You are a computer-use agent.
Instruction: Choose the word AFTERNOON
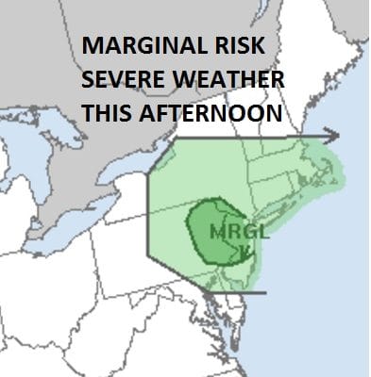(213, 113)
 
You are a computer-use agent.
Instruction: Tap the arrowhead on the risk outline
(331, 135)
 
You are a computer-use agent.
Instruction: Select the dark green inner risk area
(203, 226)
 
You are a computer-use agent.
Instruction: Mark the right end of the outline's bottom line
(265, 291)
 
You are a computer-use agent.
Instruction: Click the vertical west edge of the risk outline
(148, 217)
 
